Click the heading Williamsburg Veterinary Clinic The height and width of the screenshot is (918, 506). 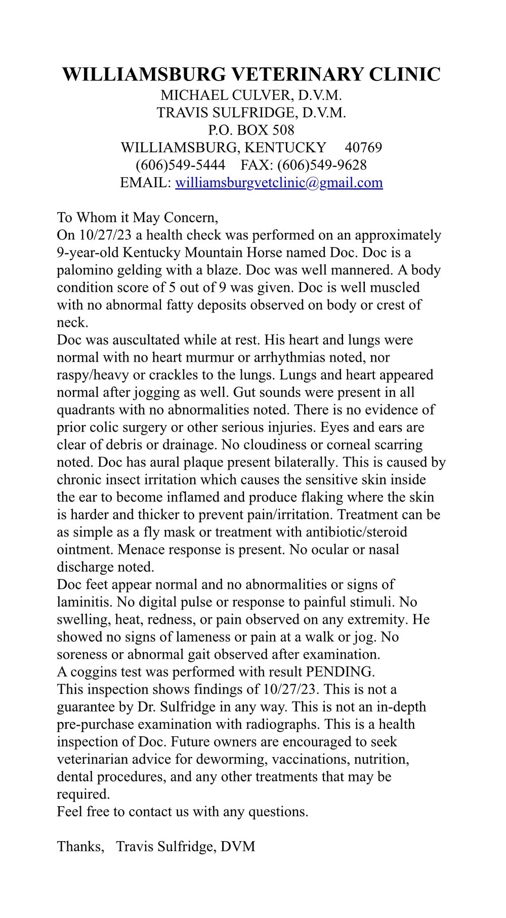click(x=251, y=74)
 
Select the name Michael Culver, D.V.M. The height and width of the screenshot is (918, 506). click(x=251, y=95)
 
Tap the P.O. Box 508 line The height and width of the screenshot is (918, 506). click(x=251, y=130)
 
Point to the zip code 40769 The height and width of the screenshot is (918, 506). click(x=363, y=148)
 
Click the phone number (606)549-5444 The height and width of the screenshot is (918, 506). click(x=180, y=165)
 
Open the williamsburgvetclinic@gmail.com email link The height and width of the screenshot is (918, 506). click(x=279, y=183)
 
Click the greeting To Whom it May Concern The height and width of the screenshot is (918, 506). click(x=137, y=218)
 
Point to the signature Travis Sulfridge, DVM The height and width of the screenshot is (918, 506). click(x=186, y=847)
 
